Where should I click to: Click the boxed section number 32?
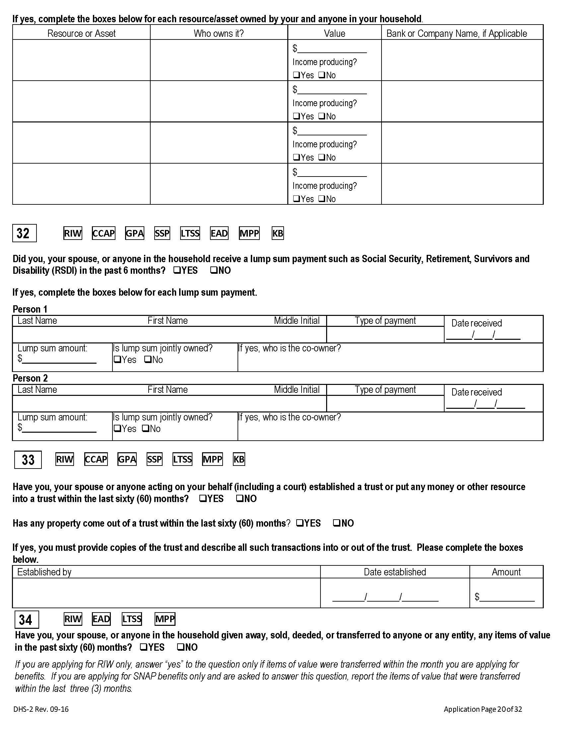tap(24, 233)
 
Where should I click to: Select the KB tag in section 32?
tap(278, 233)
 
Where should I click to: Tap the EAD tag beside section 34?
tap(101, 619)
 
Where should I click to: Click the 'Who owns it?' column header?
tap(219, 34)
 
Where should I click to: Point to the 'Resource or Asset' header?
tap(81, 34)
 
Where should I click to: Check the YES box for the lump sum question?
tap(177, 270)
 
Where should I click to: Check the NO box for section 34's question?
tap(180, 647)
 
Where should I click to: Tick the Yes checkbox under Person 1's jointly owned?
tap(117, 360)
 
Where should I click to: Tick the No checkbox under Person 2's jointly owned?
tap(145, 428)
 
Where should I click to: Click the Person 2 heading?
tap(30, 378)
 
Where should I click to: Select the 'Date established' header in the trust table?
tap(394, 572)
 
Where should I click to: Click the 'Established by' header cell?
tap(44, 572)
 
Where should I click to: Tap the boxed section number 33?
tap(28, 460)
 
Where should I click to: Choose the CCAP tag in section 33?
tap(96, 459)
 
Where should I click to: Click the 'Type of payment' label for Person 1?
tap(385, 321)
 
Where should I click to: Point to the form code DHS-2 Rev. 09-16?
tap(41, 709)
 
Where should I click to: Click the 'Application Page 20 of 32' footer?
tap(482, 709)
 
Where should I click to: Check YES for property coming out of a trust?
tap(300, 523)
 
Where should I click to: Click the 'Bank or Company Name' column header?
tap(457, 34)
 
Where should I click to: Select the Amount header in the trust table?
tap(506, 572)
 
